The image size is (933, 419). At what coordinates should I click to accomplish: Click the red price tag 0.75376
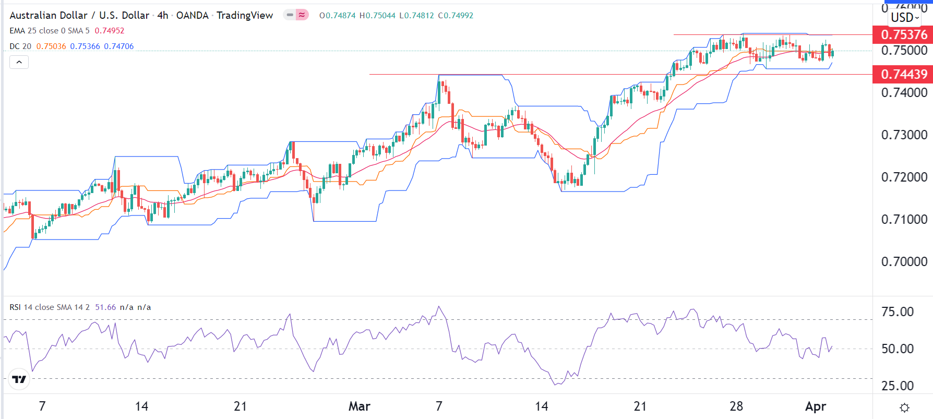(903, 34)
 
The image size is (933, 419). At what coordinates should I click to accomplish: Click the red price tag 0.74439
(903, 74)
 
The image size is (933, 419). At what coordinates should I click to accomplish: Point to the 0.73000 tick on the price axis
(904, 135)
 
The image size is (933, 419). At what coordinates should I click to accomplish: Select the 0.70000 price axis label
(904, 261)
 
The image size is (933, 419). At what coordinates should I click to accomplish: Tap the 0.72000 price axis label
(904, 177)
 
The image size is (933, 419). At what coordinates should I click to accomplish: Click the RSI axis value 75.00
(898, 312)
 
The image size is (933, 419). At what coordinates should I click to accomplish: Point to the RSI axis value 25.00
(898, 386)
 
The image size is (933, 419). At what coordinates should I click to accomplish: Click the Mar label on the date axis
(359, 406)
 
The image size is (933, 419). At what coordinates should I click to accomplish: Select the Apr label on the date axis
(816, 406)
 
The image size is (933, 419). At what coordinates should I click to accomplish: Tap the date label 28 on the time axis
(736, 406)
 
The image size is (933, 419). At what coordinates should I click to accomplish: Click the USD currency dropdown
(905, 17)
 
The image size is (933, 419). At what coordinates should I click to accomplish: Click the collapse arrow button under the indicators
(19, 63)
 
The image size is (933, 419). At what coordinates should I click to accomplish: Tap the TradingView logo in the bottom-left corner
(19, 379)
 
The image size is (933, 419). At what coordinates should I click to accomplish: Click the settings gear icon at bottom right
(905, 408)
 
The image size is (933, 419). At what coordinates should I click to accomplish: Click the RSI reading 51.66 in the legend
(105, 307)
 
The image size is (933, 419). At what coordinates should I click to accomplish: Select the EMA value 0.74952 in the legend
(110, 31)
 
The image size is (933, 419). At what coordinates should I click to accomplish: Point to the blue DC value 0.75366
(85, 46)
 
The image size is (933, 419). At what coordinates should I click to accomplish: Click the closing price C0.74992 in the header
(456, 16)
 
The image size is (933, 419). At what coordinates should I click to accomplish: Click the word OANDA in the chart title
(192, 16)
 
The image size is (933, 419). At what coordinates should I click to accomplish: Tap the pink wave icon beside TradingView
(302, 15)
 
